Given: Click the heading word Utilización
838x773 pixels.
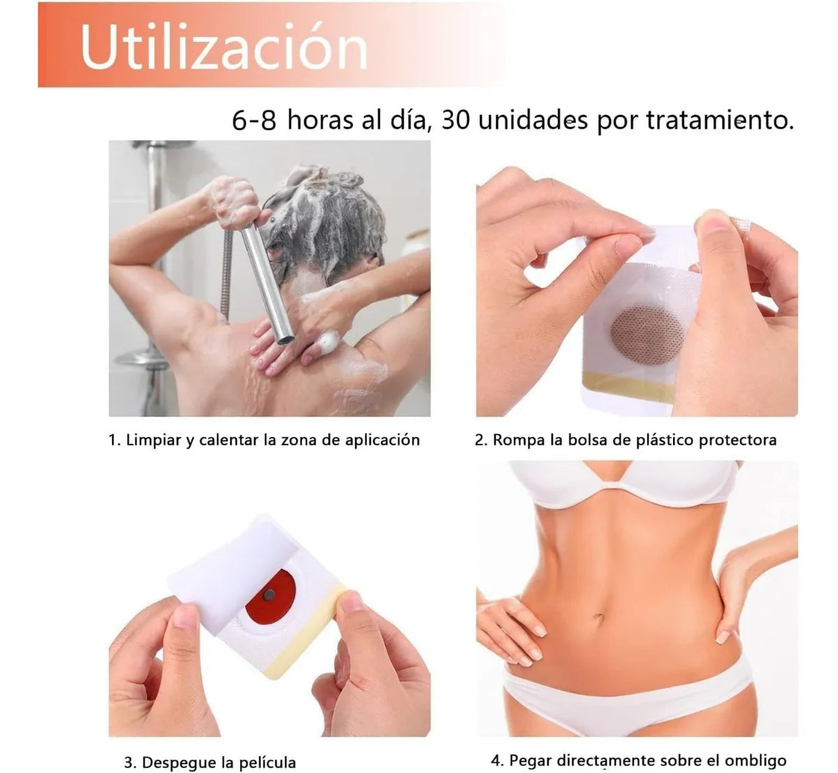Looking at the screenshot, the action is click(x=224, y=47).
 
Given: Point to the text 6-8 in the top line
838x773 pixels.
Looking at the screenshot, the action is click(x=254, y=120).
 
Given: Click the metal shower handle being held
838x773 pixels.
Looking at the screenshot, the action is click(x=265, y=282).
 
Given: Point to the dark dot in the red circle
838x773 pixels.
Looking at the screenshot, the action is click(x=269, y=594).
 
